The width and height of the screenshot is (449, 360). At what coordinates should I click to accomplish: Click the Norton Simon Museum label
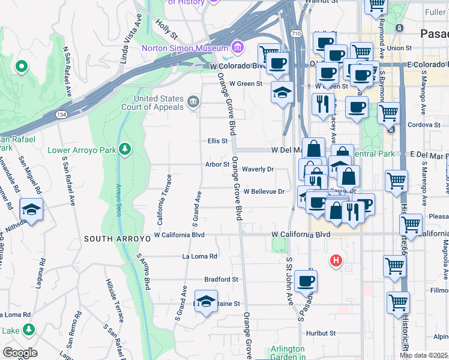coord(184,48)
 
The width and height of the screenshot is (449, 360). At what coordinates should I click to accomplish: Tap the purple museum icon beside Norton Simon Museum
coord(237,47)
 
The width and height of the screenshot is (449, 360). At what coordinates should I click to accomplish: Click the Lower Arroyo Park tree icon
coord(125,148)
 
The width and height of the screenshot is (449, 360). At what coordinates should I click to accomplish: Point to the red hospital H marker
coord(336,261)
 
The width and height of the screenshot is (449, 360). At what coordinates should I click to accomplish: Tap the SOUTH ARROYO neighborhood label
coord(116,239)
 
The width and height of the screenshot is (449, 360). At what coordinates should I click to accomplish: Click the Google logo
coord(20,353)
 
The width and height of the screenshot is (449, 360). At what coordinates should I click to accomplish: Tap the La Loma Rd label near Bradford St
coord(200,256)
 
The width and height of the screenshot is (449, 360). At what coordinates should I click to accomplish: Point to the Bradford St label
coord(221,280)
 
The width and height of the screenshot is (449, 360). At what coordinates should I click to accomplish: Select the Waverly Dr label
coord(258,169)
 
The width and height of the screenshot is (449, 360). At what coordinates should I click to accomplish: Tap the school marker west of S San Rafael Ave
coord(31,210)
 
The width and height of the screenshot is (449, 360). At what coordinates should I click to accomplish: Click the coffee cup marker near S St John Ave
coord(306,280)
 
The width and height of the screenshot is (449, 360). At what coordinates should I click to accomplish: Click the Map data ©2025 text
coord(423,355)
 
